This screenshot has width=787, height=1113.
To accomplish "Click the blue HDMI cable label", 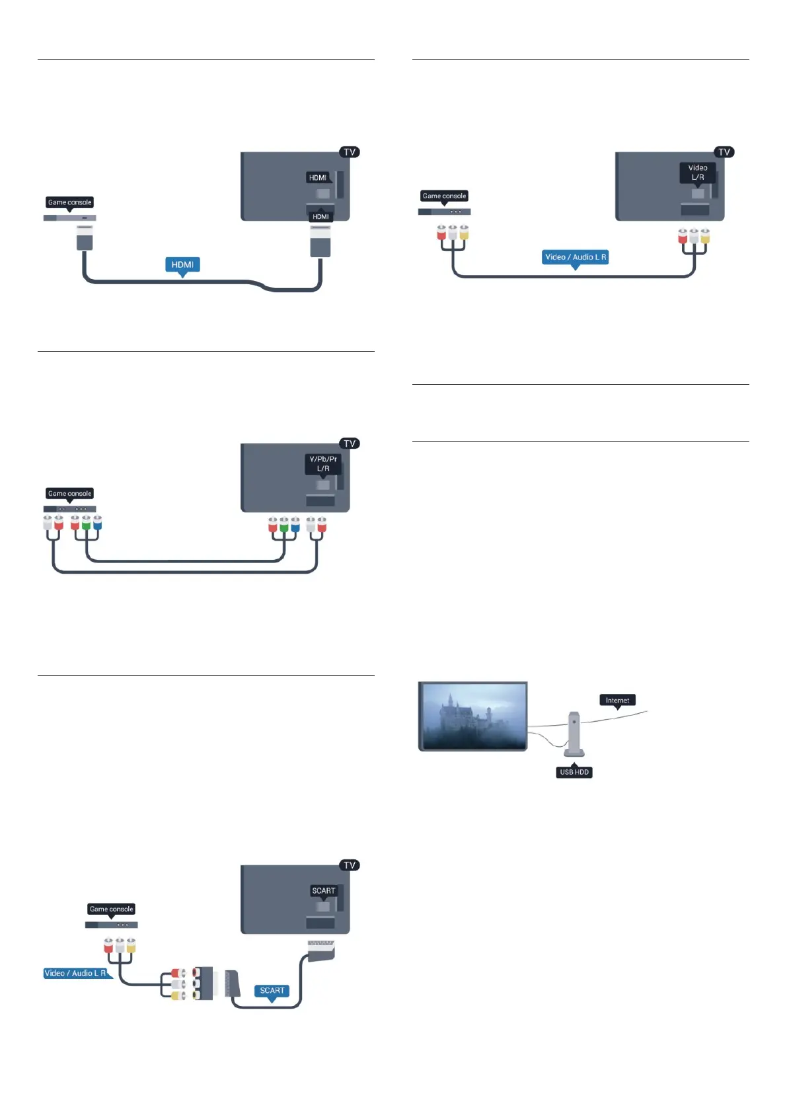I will coord(182,265).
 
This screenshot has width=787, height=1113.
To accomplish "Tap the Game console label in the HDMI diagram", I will coord(69,202).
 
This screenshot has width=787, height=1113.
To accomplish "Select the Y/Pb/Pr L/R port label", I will coord(323,463).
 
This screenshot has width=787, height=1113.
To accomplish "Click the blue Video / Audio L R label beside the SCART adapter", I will coord(75,973).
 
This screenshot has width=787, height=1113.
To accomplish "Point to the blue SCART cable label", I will coord(272,991).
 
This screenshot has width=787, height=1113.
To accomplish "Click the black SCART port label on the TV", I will coord(324,891).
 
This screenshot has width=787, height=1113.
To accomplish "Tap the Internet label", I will coord(617,701).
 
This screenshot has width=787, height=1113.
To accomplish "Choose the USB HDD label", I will coord(574,772).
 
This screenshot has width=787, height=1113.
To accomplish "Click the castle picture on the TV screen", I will coord(474,716).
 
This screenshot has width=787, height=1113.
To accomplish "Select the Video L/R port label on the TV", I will coord(698,173).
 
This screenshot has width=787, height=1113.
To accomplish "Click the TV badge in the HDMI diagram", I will coord(350,152).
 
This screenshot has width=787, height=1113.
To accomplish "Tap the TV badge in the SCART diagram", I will coord(350,865).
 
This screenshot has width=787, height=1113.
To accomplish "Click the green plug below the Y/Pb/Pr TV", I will coord(284,526).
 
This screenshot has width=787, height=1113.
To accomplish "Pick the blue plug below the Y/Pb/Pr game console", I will coord(97,523).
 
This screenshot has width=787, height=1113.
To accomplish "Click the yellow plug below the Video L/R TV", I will coord(705,237).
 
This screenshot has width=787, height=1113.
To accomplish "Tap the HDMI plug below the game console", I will coord(85,238).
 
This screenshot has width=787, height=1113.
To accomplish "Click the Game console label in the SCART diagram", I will coord(111,909).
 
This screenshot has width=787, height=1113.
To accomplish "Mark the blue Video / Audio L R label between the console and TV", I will coord(575,257).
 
